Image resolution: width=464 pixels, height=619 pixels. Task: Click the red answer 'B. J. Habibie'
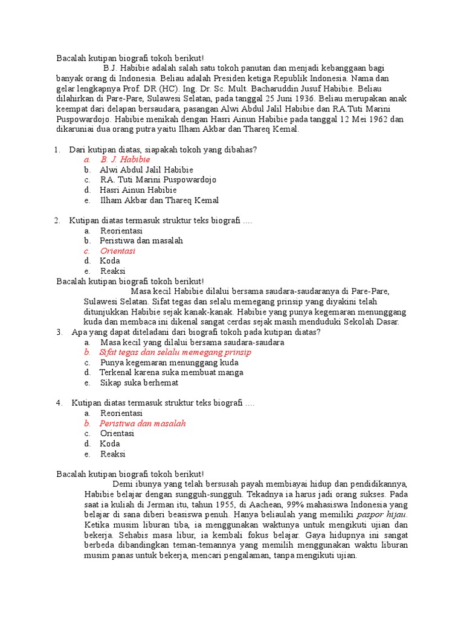pyautogui.click(x=125, y=160)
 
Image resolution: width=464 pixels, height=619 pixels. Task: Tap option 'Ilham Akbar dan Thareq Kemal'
pyautogui.click(x=159, y=200)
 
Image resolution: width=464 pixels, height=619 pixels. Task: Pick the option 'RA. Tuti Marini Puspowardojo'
pyautogui.click(x=158, y=180)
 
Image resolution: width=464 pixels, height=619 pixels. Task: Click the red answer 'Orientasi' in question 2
pyautogui.click(x=118, y=250)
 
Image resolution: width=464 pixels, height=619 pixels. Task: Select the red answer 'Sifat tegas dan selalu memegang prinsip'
pyautogui.click(x=175, y=352)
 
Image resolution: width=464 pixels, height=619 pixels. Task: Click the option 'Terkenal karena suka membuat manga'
pyautogui.click(x=172, y=372)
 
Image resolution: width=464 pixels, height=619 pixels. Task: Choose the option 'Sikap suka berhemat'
pyautogui.click(x=140, y=383)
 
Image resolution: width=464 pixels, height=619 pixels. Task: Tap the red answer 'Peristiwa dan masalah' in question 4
pyautogui.click(x=143, y=423)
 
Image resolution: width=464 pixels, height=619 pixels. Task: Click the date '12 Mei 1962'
pyautogui.click(x=360, y=119)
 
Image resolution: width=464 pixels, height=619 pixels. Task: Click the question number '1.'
pyautogui.click(x=57, y=149)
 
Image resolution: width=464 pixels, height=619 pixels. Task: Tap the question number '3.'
pyautogui.click(x=60, y=332)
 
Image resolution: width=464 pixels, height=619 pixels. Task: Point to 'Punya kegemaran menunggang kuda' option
pyautogui.click(x=169, y=363)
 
